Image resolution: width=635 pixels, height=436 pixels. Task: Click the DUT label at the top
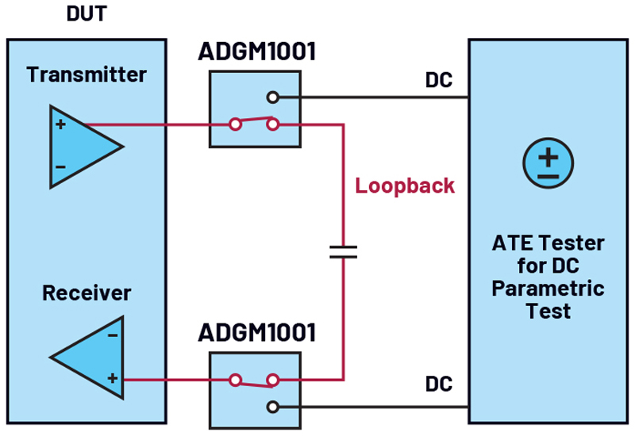(x=87, y=13)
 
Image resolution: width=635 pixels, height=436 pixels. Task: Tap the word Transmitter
(x=87, y=75)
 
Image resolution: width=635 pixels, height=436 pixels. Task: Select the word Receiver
(x=87, y=293)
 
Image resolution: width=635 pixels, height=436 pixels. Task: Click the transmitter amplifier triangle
(x=86, y=147)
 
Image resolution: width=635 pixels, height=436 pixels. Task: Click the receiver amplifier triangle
(x=87, y=358)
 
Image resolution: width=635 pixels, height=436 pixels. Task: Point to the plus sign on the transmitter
(x=61, y=124)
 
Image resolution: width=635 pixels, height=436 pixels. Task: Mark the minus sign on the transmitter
(x=61, y=166)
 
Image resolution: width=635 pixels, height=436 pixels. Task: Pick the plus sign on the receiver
(x=113, y=378)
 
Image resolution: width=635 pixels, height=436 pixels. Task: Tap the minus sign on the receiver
(x=113, y=335)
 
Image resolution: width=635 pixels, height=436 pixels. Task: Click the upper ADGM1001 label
(x=256, y=52)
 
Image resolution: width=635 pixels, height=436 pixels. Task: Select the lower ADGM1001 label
(x=256, y=332)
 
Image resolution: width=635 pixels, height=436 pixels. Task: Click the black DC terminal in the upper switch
(x=273, y=98)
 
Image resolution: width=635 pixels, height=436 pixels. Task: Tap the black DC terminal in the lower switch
(x=273, y=407)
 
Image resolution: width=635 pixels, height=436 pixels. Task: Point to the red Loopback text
(x=405, y=186)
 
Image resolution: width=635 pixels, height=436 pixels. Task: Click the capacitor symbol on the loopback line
(x=344, y=251)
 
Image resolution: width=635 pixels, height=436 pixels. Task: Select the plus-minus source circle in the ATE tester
(x=548, y=163)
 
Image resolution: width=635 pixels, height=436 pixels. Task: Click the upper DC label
(x=439, y=80)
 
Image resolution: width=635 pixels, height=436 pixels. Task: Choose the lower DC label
(x=439, y=384)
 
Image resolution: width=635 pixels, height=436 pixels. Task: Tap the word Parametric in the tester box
(x=548, y=289)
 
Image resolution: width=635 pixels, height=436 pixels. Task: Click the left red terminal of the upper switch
(x=235, y=124)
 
